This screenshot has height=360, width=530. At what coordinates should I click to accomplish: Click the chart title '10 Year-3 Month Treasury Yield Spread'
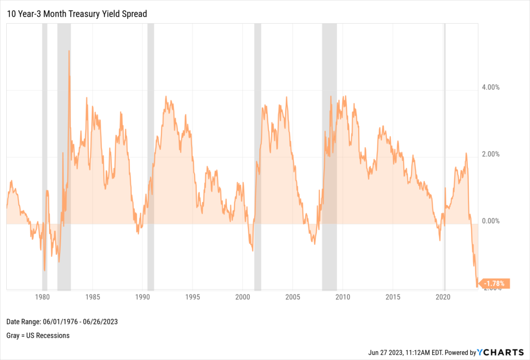click(x=77, y=14)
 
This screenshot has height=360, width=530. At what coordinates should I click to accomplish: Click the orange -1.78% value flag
click(x=495, y=283)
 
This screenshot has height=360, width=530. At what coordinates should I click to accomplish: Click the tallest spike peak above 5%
click(x=69, y=51)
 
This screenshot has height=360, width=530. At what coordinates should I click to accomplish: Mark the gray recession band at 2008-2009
click(x=329, y=155)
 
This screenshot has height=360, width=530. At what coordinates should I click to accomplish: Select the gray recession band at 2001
click(x=257, y=155)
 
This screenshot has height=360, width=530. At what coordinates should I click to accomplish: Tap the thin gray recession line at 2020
click(x=445, y=155)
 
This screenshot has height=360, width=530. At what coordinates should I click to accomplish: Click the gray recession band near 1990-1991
click(x=151, y=155)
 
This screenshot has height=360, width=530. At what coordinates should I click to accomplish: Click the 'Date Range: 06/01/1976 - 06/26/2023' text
click(x=63, y=322)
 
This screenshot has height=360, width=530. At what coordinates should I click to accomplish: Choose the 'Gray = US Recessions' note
click(x=38, y=335)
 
